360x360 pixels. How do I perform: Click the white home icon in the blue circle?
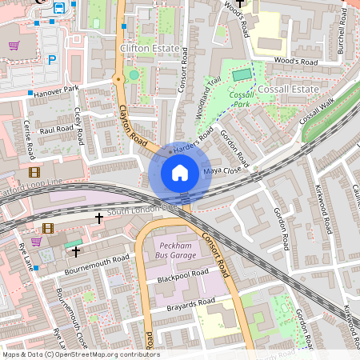coord(180,172)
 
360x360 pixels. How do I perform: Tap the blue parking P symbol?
coord(52,59)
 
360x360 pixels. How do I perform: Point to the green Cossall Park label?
coord(241,99)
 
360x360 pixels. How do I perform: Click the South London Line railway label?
coord(142,210)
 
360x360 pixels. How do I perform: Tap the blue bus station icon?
coord(59,8)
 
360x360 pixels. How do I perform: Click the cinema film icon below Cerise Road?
coord(34,171)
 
